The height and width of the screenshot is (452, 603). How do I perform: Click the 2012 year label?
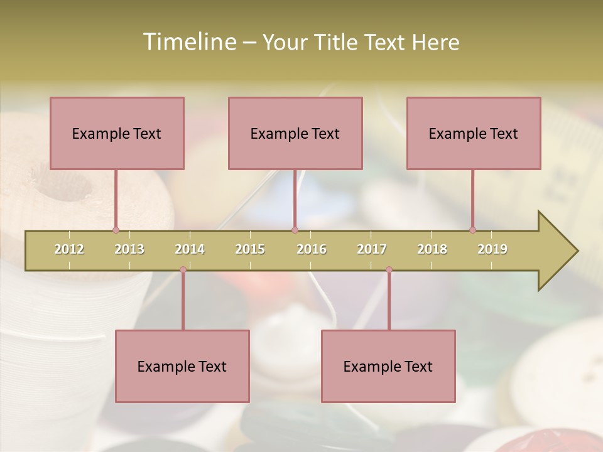click(x=69, y=249)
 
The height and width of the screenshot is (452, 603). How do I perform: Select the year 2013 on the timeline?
click(x=129, y=249)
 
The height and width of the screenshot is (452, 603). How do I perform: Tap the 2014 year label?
click(x=190, y=249)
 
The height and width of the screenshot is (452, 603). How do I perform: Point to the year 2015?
click(x=250, y=249)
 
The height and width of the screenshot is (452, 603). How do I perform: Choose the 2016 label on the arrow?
click(x=312, y=249)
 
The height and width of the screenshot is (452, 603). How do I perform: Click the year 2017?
click(x=372, y=249)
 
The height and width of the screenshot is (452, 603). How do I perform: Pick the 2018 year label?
click(x=432, y=249)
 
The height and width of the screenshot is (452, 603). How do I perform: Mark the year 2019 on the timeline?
click(x=492, y=249)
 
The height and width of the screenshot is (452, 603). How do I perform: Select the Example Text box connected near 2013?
click(x=117, y=133)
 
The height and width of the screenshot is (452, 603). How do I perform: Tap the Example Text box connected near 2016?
click(x=295, y=133)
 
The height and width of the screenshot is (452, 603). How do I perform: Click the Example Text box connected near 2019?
click(x=474, y=133)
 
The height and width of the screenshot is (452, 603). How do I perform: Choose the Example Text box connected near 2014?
click(x=182, y=366)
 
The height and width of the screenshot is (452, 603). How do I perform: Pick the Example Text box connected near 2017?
click(x=388, y=366)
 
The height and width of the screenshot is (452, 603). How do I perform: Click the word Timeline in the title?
click(x=188, y=42)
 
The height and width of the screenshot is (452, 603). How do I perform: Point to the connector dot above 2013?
click(x=116, y=230)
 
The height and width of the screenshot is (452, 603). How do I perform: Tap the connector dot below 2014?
click(x=183, y=270)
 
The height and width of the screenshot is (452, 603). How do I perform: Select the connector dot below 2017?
click(x=389, y=270)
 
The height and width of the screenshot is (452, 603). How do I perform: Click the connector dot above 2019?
click(x=473, y=230)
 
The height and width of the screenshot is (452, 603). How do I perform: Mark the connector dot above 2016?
click(x=295, y=230)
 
